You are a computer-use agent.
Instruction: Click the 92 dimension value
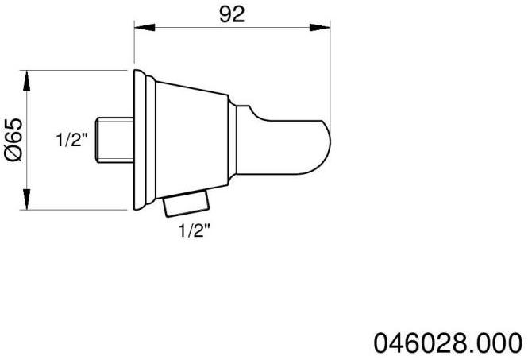pos(232,14)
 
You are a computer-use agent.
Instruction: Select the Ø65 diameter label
pos(11,141)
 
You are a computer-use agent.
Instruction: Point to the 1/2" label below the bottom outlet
pos(195,231)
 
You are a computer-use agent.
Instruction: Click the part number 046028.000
pos(448,343)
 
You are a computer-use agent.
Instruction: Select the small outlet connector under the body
pos(183,207)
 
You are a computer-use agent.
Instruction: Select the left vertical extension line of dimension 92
pos(132,48)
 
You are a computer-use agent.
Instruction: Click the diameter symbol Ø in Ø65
pos(11,155)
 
